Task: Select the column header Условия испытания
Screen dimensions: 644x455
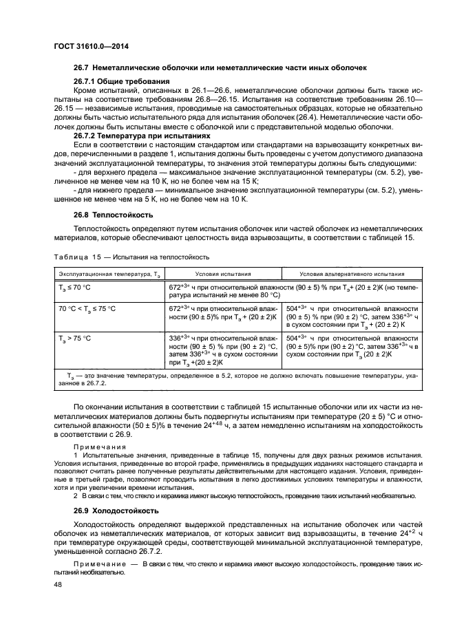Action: point(221,273)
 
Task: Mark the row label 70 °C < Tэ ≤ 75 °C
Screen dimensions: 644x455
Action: point(87,309)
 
